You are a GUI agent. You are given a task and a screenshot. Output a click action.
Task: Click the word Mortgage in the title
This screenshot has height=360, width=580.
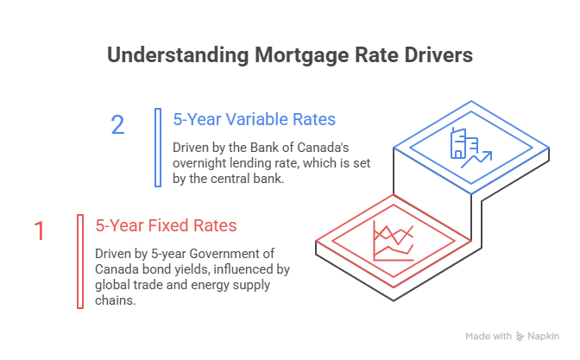(301, 56)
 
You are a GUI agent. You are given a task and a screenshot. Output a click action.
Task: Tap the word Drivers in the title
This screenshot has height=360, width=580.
(438, 54)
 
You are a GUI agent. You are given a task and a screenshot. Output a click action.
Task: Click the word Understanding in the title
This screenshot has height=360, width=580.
(178, 55)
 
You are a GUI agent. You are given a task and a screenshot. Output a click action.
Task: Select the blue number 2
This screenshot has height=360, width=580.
(117, 124)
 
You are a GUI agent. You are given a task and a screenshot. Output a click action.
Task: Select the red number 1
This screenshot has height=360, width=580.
(40, 231)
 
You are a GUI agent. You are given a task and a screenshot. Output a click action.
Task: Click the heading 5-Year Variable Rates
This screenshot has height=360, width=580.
(254, 119)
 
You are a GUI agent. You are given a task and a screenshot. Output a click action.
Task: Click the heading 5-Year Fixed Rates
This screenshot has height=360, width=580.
(166, 225)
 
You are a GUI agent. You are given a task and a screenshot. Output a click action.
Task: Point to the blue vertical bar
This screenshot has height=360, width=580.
(158, 148)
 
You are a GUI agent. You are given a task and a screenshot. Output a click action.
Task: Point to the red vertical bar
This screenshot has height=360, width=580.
(80, 262)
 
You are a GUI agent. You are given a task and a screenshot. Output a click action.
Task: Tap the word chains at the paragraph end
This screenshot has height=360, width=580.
(115, 300)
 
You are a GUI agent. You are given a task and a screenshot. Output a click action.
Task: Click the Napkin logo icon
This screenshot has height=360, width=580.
(520, 337)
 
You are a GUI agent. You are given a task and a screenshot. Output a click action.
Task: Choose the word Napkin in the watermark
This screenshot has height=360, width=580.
(544, 337)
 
